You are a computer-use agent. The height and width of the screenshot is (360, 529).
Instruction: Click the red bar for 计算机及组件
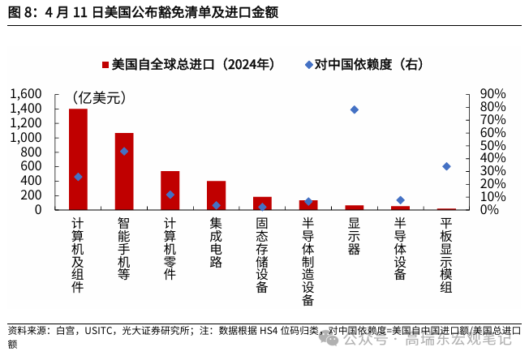click(78, 159)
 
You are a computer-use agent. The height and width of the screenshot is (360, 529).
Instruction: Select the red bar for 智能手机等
click(124, 171)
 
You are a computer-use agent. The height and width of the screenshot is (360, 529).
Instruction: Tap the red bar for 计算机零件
click(170, 191)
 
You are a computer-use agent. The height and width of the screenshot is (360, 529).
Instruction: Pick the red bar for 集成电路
click(217, 195)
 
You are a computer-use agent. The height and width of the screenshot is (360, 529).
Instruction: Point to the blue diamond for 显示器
click(355, 109)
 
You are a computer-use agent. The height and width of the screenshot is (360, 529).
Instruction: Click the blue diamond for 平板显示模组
click(446, 166)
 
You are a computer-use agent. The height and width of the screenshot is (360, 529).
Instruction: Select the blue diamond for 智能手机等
click(124, 151)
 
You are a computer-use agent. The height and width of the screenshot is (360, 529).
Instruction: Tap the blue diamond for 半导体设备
click(400, 200)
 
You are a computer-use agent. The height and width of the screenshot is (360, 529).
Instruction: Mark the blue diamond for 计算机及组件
click(78, 177)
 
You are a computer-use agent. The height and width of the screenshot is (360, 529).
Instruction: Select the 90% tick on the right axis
click(492, 94)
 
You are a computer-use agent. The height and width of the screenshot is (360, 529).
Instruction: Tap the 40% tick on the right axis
click(492, 158)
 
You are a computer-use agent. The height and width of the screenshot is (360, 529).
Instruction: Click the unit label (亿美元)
click(99, 98)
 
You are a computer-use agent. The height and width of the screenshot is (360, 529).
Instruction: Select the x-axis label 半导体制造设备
click(308, 261)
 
